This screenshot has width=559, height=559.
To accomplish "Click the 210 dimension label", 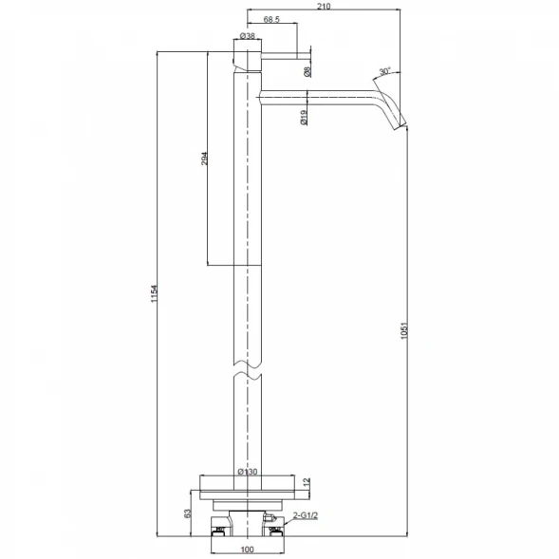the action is [x=324, y=6].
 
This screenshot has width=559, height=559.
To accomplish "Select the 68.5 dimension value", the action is [x=271, y=20].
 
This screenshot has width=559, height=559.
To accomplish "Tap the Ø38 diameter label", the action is [x=248, y=36].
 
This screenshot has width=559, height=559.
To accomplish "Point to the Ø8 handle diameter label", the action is [x=307, y=72].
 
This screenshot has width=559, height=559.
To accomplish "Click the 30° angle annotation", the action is [x=384, y=71].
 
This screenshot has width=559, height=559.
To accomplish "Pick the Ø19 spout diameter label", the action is [x=304, y=118].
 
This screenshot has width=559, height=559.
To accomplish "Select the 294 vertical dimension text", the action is [x=204, y=158].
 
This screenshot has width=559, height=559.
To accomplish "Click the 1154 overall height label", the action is [x=154, y=294].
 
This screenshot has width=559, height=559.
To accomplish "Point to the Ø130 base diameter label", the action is [x=248, y=472].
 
